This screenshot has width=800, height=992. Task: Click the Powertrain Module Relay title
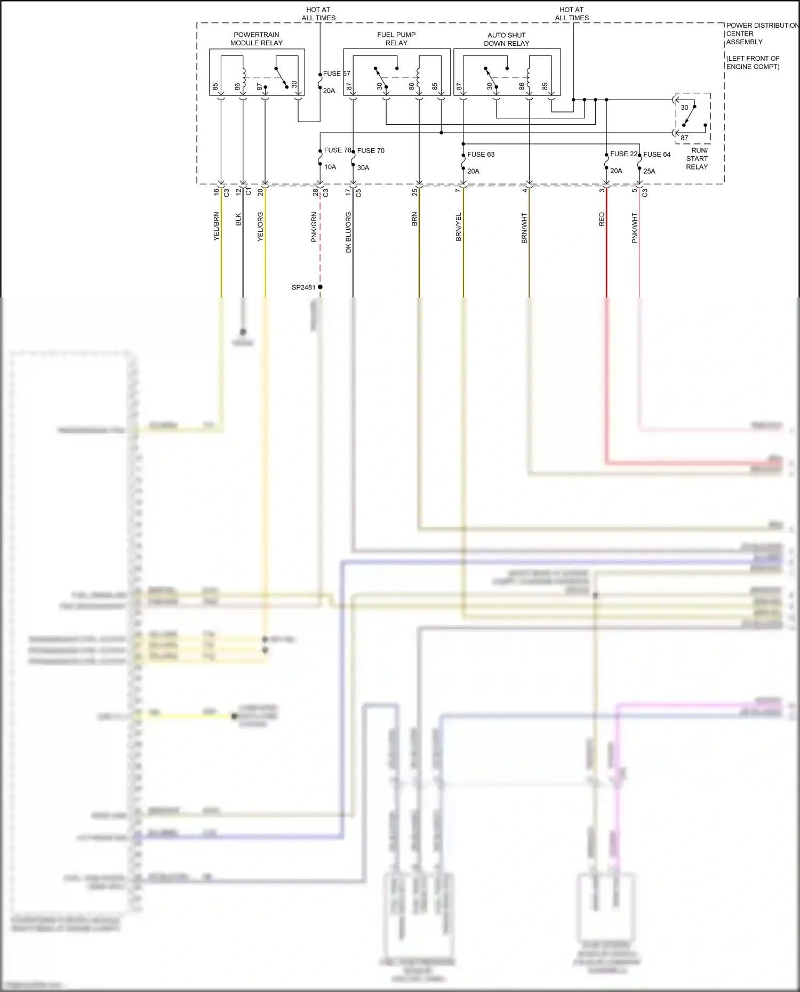coord(257,39)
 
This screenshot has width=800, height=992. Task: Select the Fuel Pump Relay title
coord(396,39)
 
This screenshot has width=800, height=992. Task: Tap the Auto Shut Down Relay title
coord(506,39)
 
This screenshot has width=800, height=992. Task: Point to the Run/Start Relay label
coord(697,158)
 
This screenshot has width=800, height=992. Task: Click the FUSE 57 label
coord(337,74)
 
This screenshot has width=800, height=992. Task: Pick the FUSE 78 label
coord(338,150)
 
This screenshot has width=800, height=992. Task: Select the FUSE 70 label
coord(371,151)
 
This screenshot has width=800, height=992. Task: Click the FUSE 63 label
coord(481,155)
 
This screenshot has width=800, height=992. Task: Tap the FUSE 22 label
coord(623,154)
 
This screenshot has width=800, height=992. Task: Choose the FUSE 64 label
coord(657,155)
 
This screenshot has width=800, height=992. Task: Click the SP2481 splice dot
coord(320,287)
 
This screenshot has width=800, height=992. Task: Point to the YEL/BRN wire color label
coord(217,227)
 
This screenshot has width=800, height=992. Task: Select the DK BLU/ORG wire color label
coord(348,232)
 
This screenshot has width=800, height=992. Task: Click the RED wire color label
coord(602,219)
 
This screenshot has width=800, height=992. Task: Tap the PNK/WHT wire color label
coord(635,228)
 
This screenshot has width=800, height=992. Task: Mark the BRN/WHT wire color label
coord(524,228)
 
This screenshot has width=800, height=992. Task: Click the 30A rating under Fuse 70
coord(363,167)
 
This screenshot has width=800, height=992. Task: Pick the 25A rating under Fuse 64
coord(649,171)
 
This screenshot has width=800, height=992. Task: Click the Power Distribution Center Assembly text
coord(762,34)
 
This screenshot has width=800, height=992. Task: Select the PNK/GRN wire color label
coord(314,228)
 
